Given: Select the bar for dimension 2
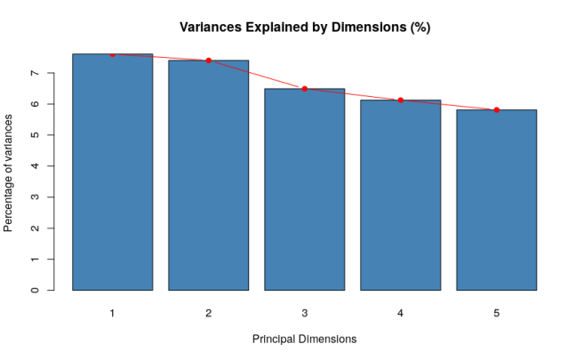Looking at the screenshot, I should pyautogui.click(x=208, y=175).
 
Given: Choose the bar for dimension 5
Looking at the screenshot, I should pyautogui.click(x=496, y=200).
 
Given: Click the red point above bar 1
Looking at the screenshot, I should pyautogui.click(x=112, y=54).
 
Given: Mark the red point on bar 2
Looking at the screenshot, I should pyautogui.click(x=208, y=60).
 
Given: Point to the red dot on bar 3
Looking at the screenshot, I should pyautogui.click(x=304, y=89).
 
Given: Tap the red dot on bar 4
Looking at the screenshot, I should pyautogui.click(x=400, y=100).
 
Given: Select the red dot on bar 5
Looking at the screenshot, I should pyautogui.click(x=496, y=110).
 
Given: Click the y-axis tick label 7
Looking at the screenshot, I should pyautogui.click(x=34, y=73).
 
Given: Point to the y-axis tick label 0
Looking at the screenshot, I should pyautogui.click(x=34, y=290).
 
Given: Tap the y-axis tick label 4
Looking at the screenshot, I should pyautogui.click(x=34, y=166).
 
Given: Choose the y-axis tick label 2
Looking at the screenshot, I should pyautogui.click(x=34, y=228).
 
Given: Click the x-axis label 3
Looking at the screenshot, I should pyautogui.click(x=304, y=313).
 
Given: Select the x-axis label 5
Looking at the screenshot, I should pyautogui.click(x=496, y=313).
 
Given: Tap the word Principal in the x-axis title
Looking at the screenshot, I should pyautogui.click(x=276, y=340).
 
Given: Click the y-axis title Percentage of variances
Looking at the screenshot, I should pyautogui.click(x=9, y=172).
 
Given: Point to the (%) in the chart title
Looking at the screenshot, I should pyautogui.click(x=419, y=28).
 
